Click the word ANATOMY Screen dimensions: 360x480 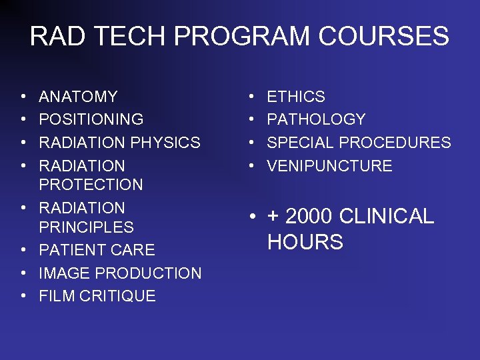pos(78,97)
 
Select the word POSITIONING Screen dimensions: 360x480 pos(91,120)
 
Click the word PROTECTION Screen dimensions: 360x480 pos(91,185)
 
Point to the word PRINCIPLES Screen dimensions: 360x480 pos(86,227)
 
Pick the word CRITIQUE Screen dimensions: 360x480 pos(119,296)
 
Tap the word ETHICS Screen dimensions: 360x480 pos(296,97)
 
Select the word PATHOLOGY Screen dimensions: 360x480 pos(316,120)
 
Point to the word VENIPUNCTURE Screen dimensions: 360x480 pos(329,166)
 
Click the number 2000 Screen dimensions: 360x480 pos(309,217)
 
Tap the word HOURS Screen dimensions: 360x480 pos(305,242)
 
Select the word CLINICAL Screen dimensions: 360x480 pos(387,217)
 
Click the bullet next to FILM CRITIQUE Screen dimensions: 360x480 pos(23,296)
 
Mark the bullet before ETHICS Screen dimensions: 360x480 pos(251,97)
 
